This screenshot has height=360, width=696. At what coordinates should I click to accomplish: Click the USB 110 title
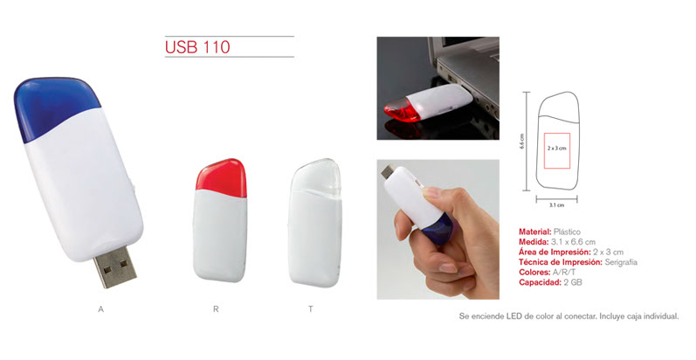[x=197, y=47]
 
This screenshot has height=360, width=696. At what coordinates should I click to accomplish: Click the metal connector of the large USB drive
[x=115, y=267]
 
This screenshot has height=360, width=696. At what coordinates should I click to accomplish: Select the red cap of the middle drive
[x=221, y=176]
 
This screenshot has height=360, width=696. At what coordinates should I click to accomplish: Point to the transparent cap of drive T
[x=316, y=177]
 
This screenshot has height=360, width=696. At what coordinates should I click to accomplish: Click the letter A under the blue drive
[x=100, y=309]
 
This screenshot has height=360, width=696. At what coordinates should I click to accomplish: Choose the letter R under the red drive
[x=216, y=309]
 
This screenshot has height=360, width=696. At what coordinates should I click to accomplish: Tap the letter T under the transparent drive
[x=311, y=309]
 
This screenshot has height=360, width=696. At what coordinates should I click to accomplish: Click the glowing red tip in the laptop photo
[x=398, y=110]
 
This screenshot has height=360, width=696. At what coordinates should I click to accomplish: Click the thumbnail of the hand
[x=438, y=229]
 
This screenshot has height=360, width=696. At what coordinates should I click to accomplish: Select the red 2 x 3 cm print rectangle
[x=556, y=150]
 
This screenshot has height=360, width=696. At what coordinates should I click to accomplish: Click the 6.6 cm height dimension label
[x=522, y=142]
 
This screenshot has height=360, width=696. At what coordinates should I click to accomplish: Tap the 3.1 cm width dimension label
[x=556, y=205]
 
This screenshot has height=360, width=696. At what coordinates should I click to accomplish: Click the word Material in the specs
[x=534, y=232]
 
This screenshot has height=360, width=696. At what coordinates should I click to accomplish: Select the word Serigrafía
[x=621, y=262]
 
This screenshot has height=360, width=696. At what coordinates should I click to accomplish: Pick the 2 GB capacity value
[x=573, y=282]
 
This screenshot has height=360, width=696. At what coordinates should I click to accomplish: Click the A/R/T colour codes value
[x=563, y=272]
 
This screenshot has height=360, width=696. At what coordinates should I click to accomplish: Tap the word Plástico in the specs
[x=567, y=232]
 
